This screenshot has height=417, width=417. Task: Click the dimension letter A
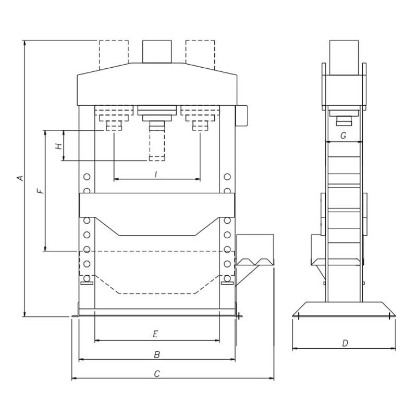click(20, 178)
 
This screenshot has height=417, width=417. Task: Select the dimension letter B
click(157, 354)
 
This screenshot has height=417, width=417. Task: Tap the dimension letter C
click(157, 374)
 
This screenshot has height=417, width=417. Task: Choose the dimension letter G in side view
click(343, 136)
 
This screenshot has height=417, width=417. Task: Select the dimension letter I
click(156, 174)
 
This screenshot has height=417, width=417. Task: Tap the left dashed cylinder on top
click(114, 53)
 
